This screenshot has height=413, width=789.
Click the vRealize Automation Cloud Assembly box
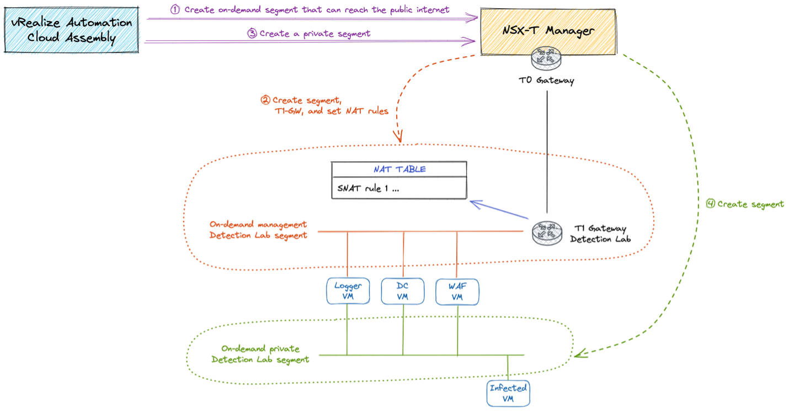pos(71,30)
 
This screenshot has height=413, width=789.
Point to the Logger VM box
pos(348,291)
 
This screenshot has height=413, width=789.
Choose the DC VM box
pos(403,291)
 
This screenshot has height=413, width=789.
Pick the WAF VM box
pos(457,291)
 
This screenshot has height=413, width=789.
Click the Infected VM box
pos(508,393)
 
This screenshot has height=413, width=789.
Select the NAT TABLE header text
pos(399,169)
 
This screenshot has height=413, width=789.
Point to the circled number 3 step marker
pos(252,33)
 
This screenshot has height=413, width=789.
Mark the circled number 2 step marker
pos(265,100)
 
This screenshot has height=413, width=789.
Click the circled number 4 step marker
pos(711,204)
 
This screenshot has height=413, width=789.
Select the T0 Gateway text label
pos(547,81)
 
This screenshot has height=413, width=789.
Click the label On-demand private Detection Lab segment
pos(260,354)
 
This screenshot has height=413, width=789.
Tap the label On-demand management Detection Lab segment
pos(258,230)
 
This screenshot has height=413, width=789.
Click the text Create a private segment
pos(314,33)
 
